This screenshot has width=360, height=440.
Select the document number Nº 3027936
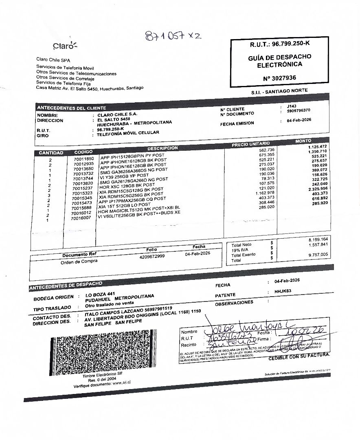tap(277, 77)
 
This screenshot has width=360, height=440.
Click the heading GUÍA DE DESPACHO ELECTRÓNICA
tap(279, 61)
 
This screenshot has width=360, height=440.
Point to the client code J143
tap(291, 106)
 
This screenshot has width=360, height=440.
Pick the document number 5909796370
tap(299, 110)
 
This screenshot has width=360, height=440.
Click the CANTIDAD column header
tap(51, 153)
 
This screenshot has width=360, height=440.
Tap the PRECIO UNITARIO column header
tap(251, 144)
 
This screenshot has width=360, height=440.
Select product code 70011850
tap(84, 158)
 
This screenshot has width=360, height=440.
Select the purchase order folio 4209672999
tap(152, 256)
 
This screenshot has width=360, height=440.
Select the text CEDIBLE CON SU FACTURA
tap(299, 357)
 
